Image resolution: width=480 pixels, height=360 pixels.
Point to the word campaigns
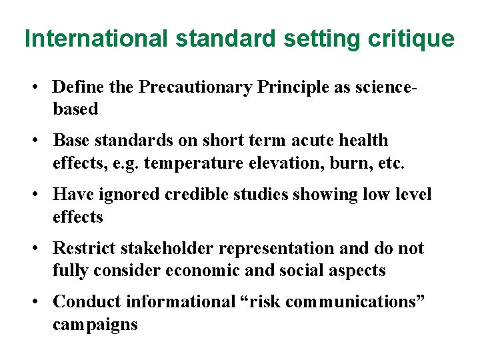point(95,325)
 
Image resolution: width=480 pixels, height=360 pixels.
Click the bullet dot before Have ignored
point(40,195)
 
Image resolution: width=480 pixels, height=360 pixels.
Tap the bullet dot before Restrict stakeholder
point(40,248)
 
